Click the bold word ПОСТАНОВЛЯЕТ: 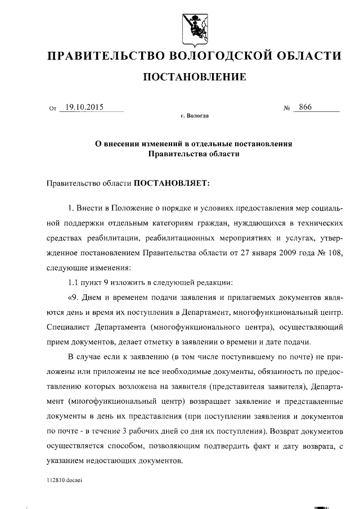click(x=170, y=183)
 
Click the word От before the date click(x=53, y=108)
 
